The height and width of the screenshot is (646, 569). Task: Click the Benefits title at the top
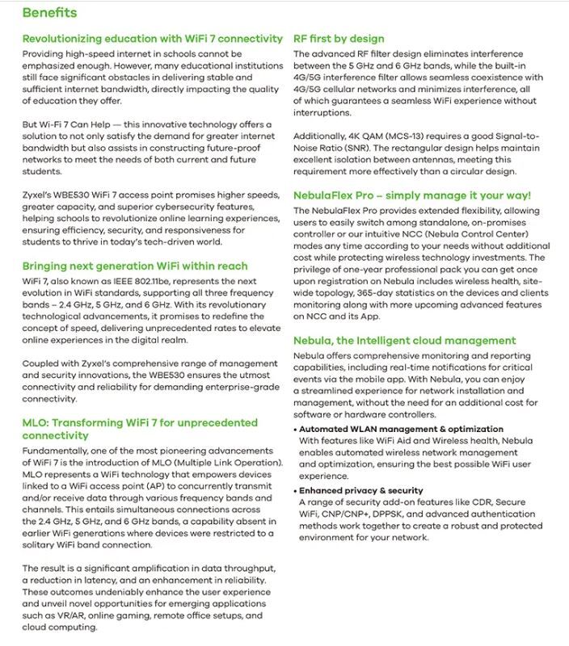(x=49, y=13)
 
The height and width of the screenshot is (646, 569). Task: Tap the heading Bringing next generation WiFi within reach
(x=135, y=266)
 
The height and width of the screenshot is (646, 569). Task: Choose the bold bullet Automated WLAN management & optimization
(x=401, y=429)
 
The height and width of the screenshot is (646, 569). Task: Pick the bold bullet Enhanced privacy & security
(x=360, y=490)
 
